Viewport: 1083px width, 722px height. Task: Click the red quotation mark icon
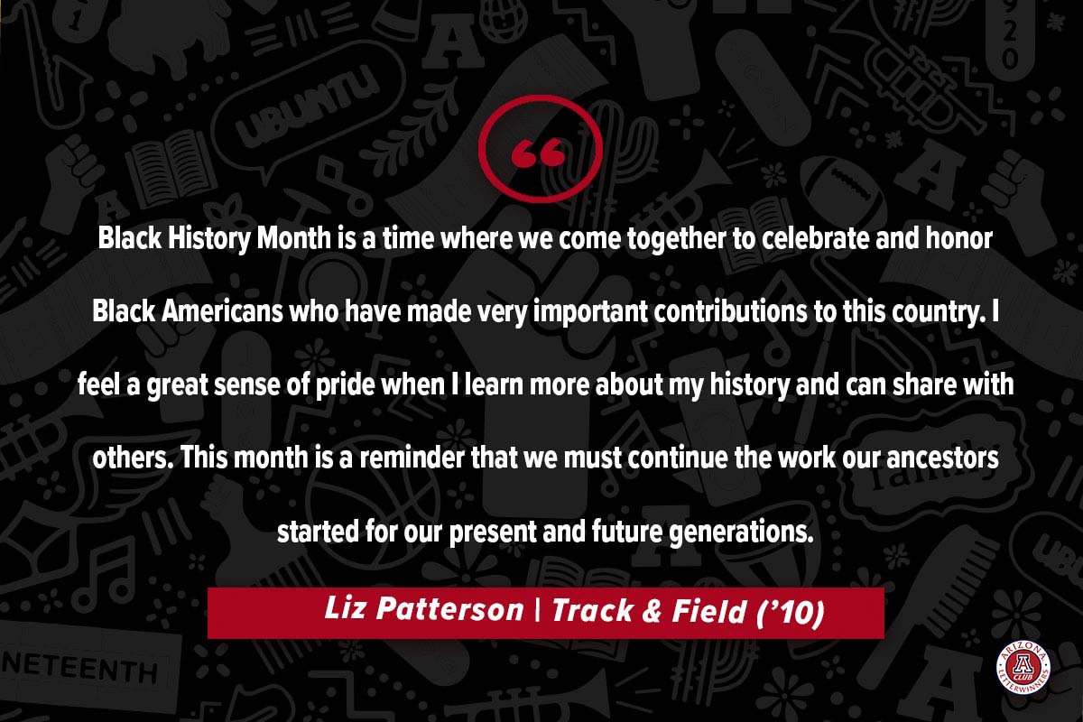click(x=540, y=149)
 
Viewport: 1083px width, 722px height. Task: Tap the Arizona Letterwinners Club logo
click(x=1023, y=669)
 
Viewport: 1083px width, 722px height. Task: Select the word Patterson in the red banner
click(x=450, y=608)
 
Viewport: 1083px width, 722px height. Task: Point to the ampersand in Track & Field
click(x=653, y=611)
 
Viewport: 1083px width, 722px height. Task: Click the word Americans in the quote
click(x=222, y=311)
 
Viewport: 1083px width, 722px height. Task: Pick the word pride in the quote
click(x=345, y=385)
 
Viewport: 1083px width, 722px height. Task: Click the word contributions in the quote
click(x=730, y=311)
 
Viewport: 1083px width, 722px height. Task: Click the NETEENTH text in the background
click(x=79, y=667)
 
